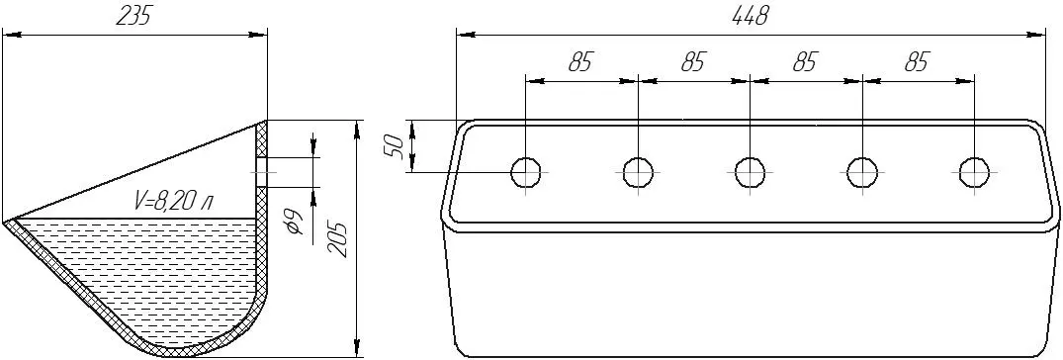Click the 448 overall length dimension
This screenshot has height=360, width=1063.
click(750, 16)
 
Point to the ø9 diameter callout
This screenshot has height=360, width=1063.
click(295, 222)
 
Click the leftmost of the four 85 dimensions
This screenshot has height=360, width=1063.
click(579, 63)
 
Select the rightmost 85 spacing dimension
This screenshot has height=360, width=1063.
click(916, 63)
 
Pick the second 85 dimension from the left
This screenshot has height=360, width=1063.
click(691, 63)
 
